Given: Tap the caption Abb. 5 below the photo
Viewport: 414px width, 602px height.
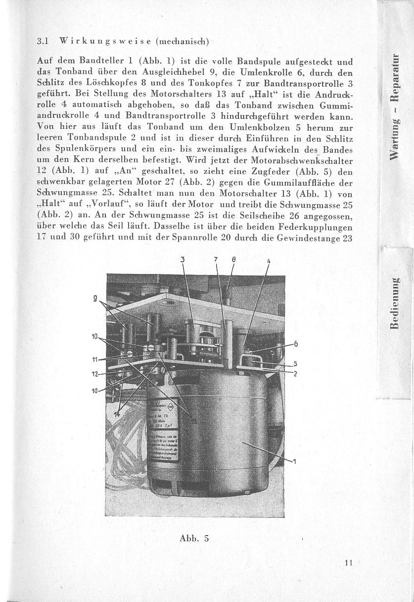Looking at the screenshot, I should click(195, 538).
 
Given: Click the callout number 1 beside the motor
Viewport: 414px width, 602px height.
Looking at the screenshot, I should click(295, 462).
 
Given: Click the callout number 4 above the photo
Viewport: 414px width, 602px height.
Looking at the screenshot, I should click(269, 262).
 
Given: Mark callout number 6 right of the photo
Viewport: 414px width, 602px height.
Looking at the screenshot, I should click(296, 344).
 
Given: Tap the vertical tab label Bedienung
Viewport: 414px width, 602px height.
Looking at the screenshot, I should click(394, 303).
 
